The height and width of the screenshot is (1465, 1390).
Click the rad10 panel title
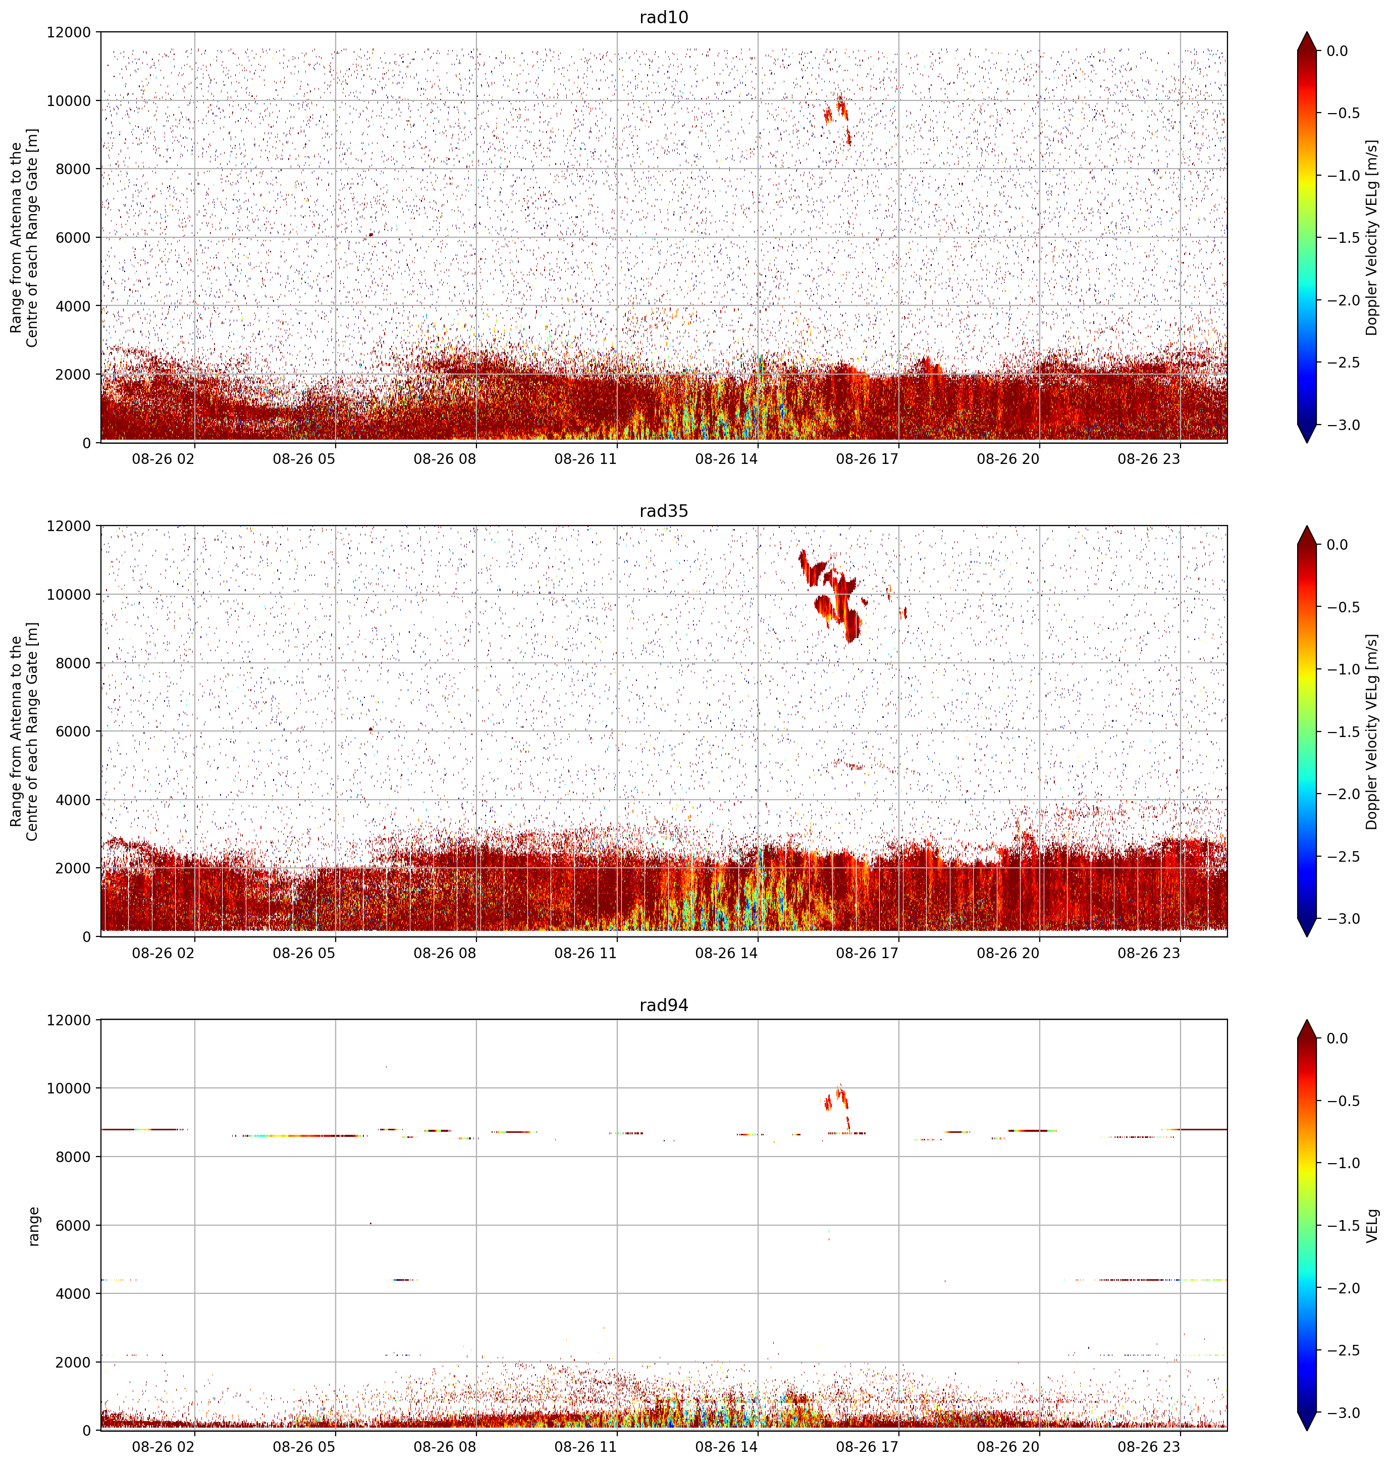(663, 17)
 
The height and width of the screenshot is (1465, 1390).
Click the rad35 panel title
(663, 510)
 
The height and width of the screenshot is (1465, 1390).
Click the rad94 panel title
(663, 1005)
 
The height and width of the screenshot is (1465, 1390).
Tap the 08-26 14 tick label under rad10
(726, 459)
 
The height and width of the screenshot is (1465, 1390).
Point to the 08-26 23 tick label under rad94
(1148, 1446)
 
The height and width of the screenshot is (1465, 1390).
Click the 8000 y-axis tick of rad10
(74, 169)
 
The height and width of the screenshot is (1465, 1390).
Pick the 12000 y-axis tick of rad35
(70, 526)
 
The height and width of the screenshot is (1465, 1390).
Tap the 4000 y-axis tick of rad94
(74, 1294)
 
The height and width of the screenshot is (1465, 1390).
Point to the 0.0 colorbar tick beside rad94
(1338, 1039)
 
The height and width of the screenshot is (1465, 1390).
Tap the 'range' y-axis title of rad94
(33, 1226)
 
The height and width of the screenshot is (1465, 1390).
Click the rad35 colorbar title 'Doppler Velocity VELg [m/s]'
(1371, 731)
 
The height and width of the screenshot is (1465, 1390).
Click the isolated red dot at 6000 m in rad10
(370, 235)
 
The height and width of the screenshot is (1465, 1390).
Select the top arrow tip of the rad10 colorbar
(1307, 32)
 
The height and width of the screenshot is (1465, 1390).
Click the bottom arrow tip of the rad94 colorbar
(1307, 1431)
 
